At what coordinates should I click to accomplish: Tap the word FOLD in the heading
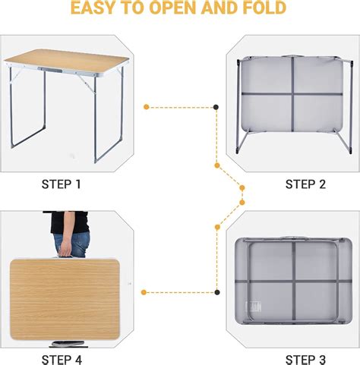pyautogui.click(x=264, y=8)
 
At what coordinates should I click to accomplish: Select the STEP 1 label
pyautogui.click(x=62, y=184)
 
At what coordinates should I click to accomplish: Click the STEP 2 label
pyautogui.click(x=305, y=184)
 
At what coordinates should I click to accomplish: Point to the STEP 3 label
pyautogui.click(x=305, y=360)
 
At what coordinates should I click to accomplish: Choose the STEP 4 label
pyautogui.click(x=62, y=360)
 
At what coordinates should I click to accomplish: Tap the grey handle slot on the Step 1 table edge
pyautogui.click(x=50, y=69)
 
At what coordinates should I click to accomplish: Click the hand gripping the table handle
pyautogui.click(x=66, y=248)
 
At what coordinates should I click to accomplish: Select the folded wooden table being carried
pyautogui.click(x=65, y=299)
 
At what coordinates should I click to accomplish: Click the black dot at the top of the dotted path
pyautogui.click(x=216, y=107)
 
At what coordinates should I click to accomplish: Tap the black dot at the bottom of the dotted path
pyautogui.click(x=217, y=292)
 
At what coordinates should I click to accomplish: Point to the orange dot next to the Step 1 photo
pyautogui.click(x=146, y=107)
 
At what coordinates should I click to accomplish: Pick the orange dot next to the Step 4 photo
pyautogui.click(x=144, y=292)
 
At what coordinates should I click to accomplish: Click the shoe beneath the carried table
pyautogui.click(x=68, y=344)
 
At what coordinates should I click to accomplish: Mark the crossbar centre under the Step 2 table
pyautogui.click(x=292, y=94)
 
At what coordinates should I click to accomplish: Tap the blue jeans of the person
pyautogui.click(x=72, y=244)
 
